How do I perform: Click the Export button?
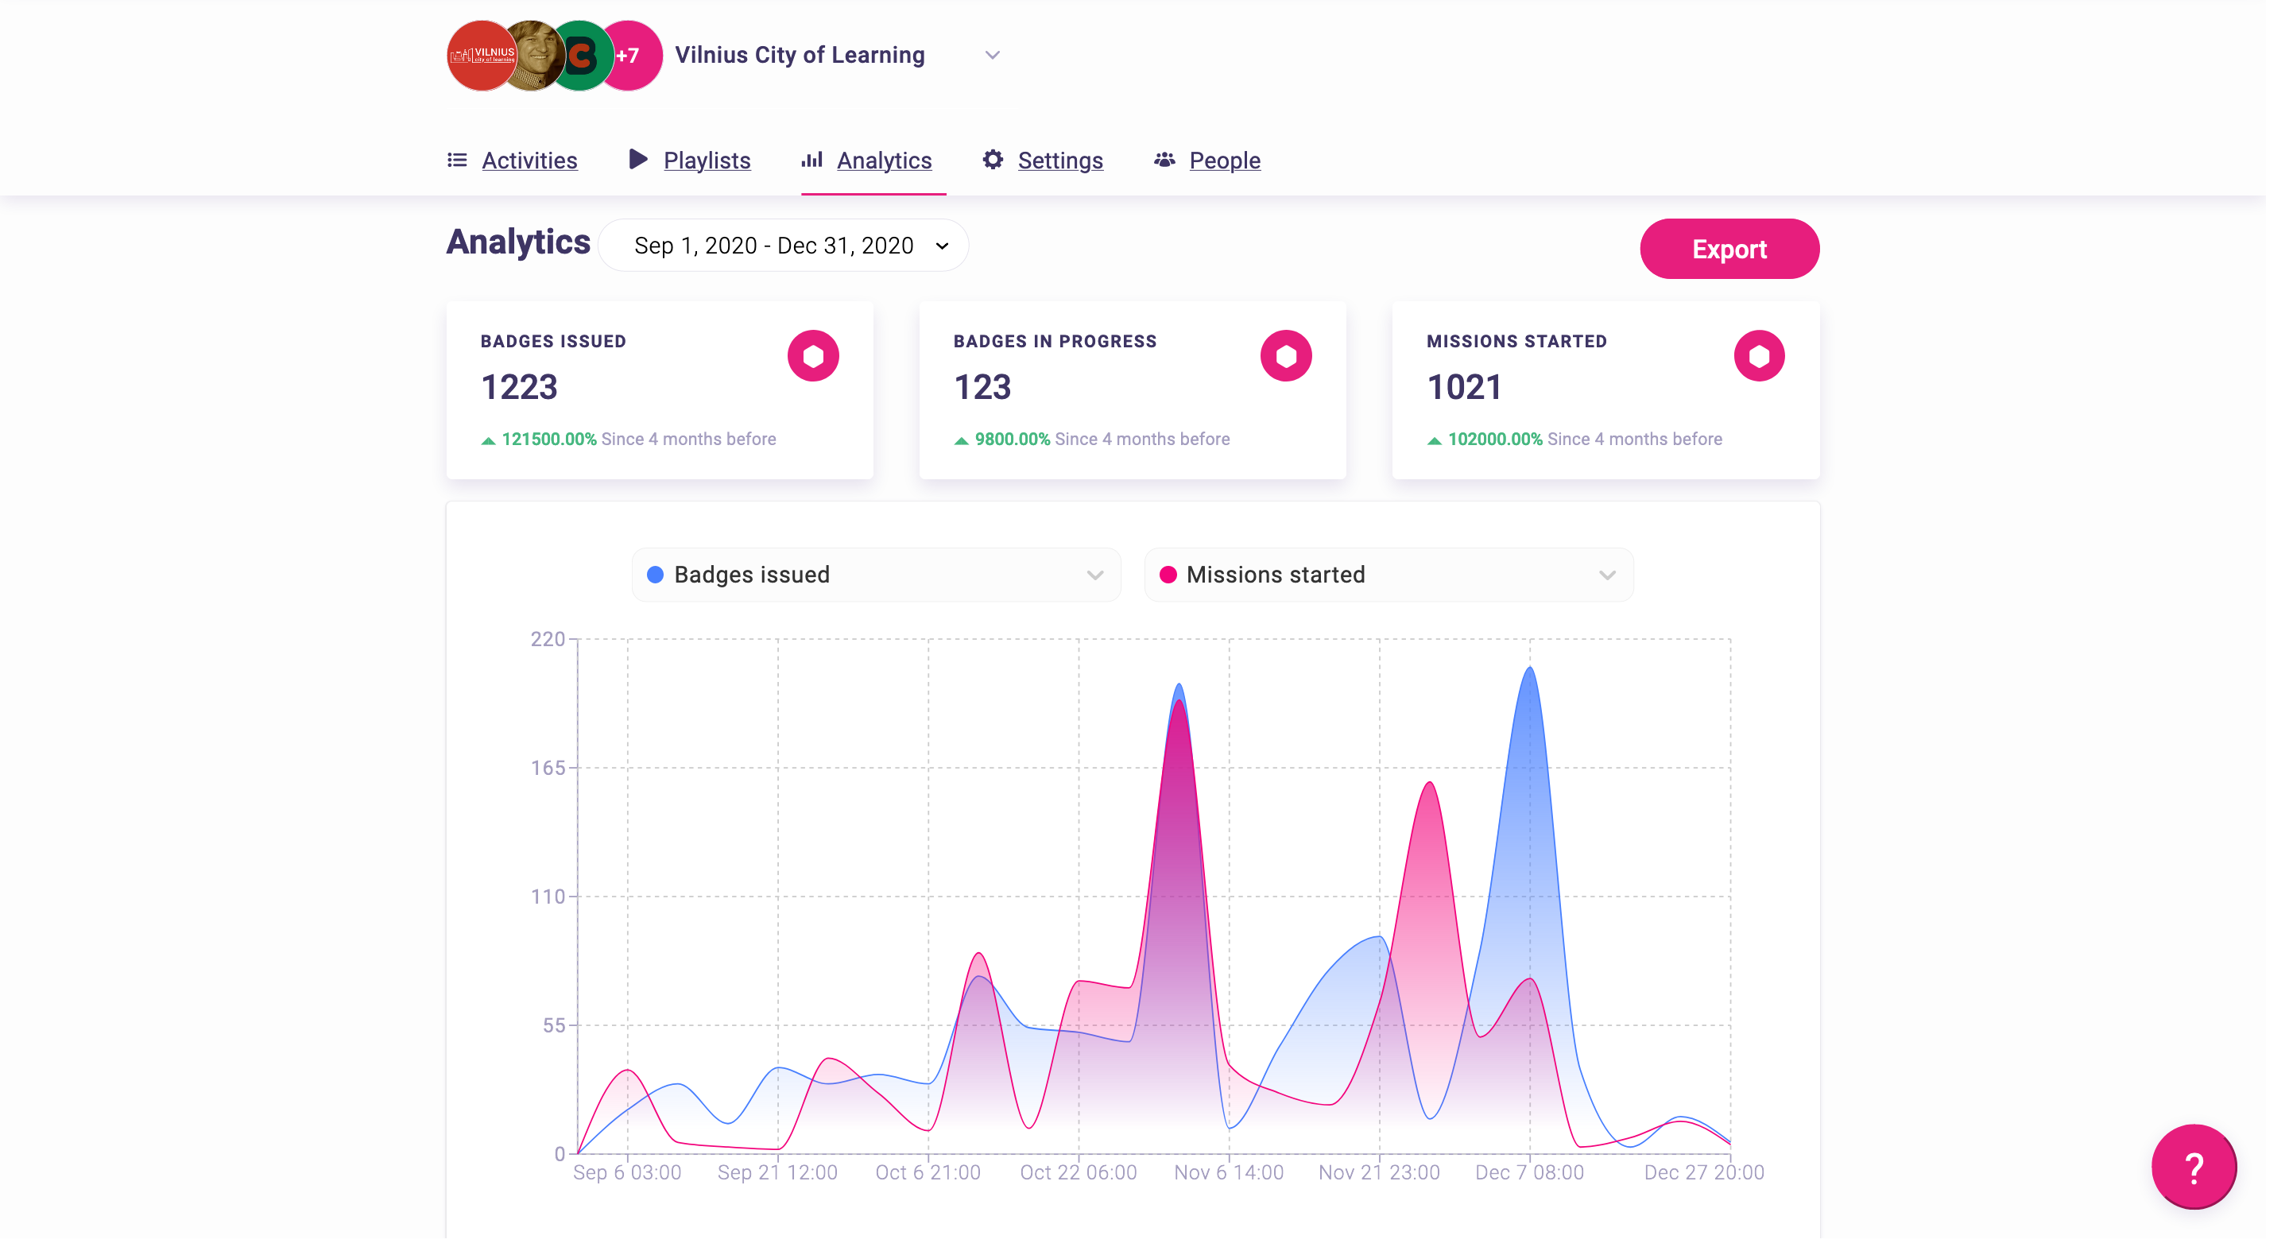tap(1729, 249)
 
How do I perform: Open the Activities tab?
tap(529, 161)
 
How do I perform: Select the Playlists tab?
tap(707, 161)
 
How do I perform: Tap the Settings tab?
tap(1059, 161)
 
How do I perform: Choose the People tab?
tap(1224, 161)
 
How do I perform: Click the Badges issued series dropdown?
tap(875, 575)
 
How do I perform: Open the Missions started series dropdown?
tap(1388, 575)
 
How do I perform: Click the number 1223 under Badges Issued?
tap(519, 387)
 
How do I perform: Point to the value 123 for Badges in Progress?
tap(982, 387)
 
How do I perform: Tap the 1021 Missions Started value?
tap(1464, 387)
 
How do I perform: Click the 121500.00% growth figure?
tap(548, 439)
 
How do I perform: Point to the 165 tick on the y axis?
tap(548, 768)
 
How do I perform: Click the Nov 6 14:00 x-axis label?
tap(1228, 1173)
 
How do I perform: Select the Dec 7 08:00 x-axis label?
tap(1528, 1173)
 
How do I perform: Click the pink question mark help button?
tap(2193, 1167)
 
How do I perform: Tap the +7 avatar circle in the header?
tap(629, 56)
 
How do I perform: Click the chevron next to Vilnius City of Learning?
tap(993, 55)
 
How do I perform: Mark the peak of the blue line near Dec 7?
tap(1529, 668)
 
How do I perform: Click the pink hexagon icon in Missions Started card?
tap(1759, 356)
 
